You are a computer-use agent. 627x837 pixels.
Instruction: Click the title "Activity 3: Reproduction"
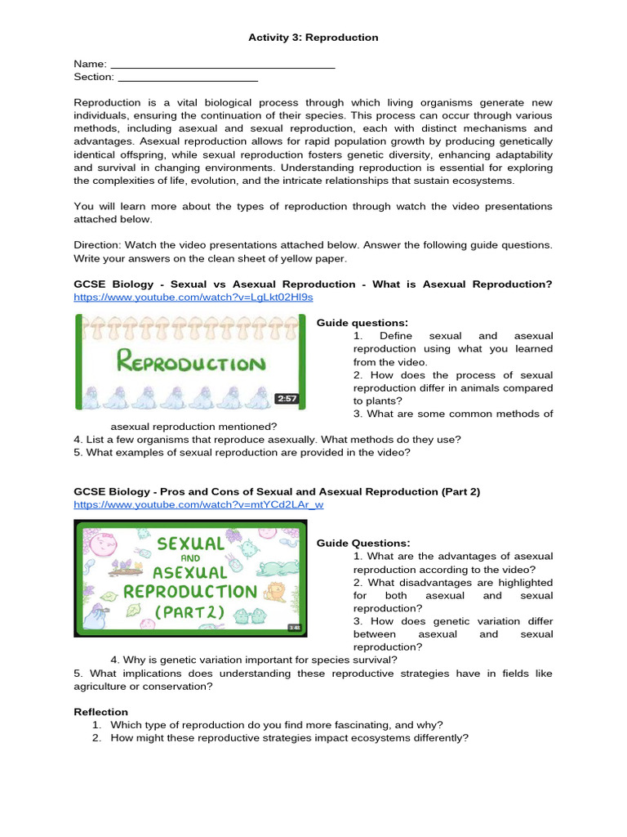(x=313, y=38)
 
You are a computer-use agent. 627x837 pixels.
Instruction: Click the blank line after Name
(x=222, y=65)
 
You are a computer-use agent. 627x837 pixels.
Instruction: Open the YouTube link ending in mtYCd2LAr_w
(x=198, y=505)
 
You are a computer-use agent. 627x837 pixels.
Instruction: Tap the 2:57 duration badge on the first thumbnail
(x=286, y=399)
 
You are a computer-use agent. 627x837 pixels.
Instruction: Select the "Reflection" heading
(x=100, y=712)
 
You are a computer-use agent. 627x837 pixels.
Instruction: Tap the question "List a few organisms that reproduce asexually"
(x=267, y=440)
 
